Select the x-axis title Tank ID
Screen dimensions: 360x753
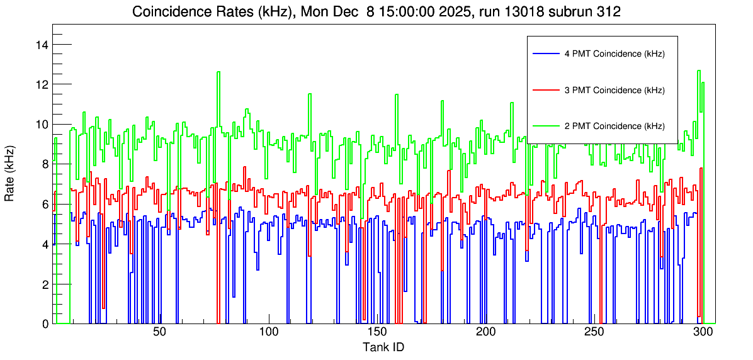[383, 347]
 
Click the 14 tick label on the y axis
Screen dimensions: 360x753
[42, 45]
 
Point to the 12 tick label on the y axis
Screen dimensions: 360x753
[42, 84]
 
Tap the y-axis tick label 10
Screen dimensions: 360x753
[42, 124]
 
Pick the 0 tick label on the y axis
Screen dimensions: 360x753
[45, 323]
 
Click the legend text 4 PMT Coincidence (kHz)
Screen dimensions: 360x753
[614, 54]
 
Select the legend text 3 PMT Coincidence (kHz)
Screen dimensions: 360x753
[614, 90]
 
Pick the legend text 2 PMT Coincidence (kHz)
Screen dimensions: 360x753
[614, 126]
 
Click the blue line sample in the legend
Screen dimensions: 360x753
[545, 54]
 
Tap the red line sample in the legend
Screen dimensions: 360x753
[545, 90]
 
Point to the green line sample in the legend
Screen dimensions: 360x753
[545, 126]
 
